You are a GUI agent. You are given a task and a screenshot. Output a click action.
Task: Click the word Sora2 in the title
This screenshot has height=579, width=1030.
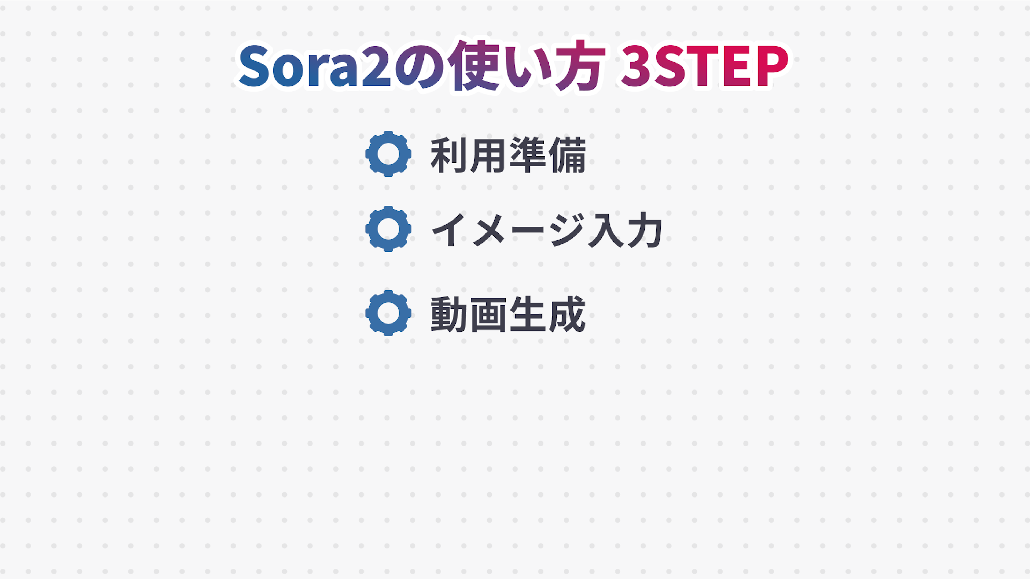[315, 66]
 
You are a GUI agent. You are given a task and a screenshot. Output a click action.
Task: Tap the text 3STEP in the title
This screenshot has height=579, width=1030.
[704, 66]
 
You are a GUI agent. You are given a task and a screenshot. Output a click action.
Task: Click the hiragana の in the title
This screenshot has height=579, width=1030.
[420, 66]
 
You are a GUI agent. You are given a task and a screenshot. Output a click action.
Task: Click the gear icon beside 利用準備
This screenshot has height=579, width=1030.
[388, 154]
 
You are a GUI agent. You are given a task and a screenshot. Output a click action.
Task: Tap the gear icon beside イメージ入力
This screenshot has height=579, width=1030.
[388, 229]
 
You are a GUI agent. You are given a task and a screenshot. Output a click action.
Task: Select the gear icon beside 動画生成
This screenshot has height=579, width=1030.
[388, 313]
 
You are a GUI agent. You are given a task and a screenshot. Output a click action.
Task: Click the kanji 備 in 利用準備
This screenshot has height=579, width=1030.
[567, 155]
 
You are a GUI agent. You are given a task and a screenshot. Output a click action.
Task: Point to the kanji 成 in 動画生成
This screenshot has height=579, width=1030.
[567, 314]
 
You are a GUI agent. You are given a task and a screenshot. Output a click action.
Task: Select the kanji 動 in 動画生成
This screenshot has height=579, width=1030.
[449, 314]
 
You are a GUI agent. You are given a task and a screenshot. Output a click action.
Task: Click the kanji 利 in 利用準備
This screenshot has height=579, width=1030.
[449, 155]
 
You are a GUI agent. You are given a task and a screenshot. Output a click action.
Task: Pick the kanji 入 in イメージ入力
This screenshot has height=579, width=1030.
[606, 230]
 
